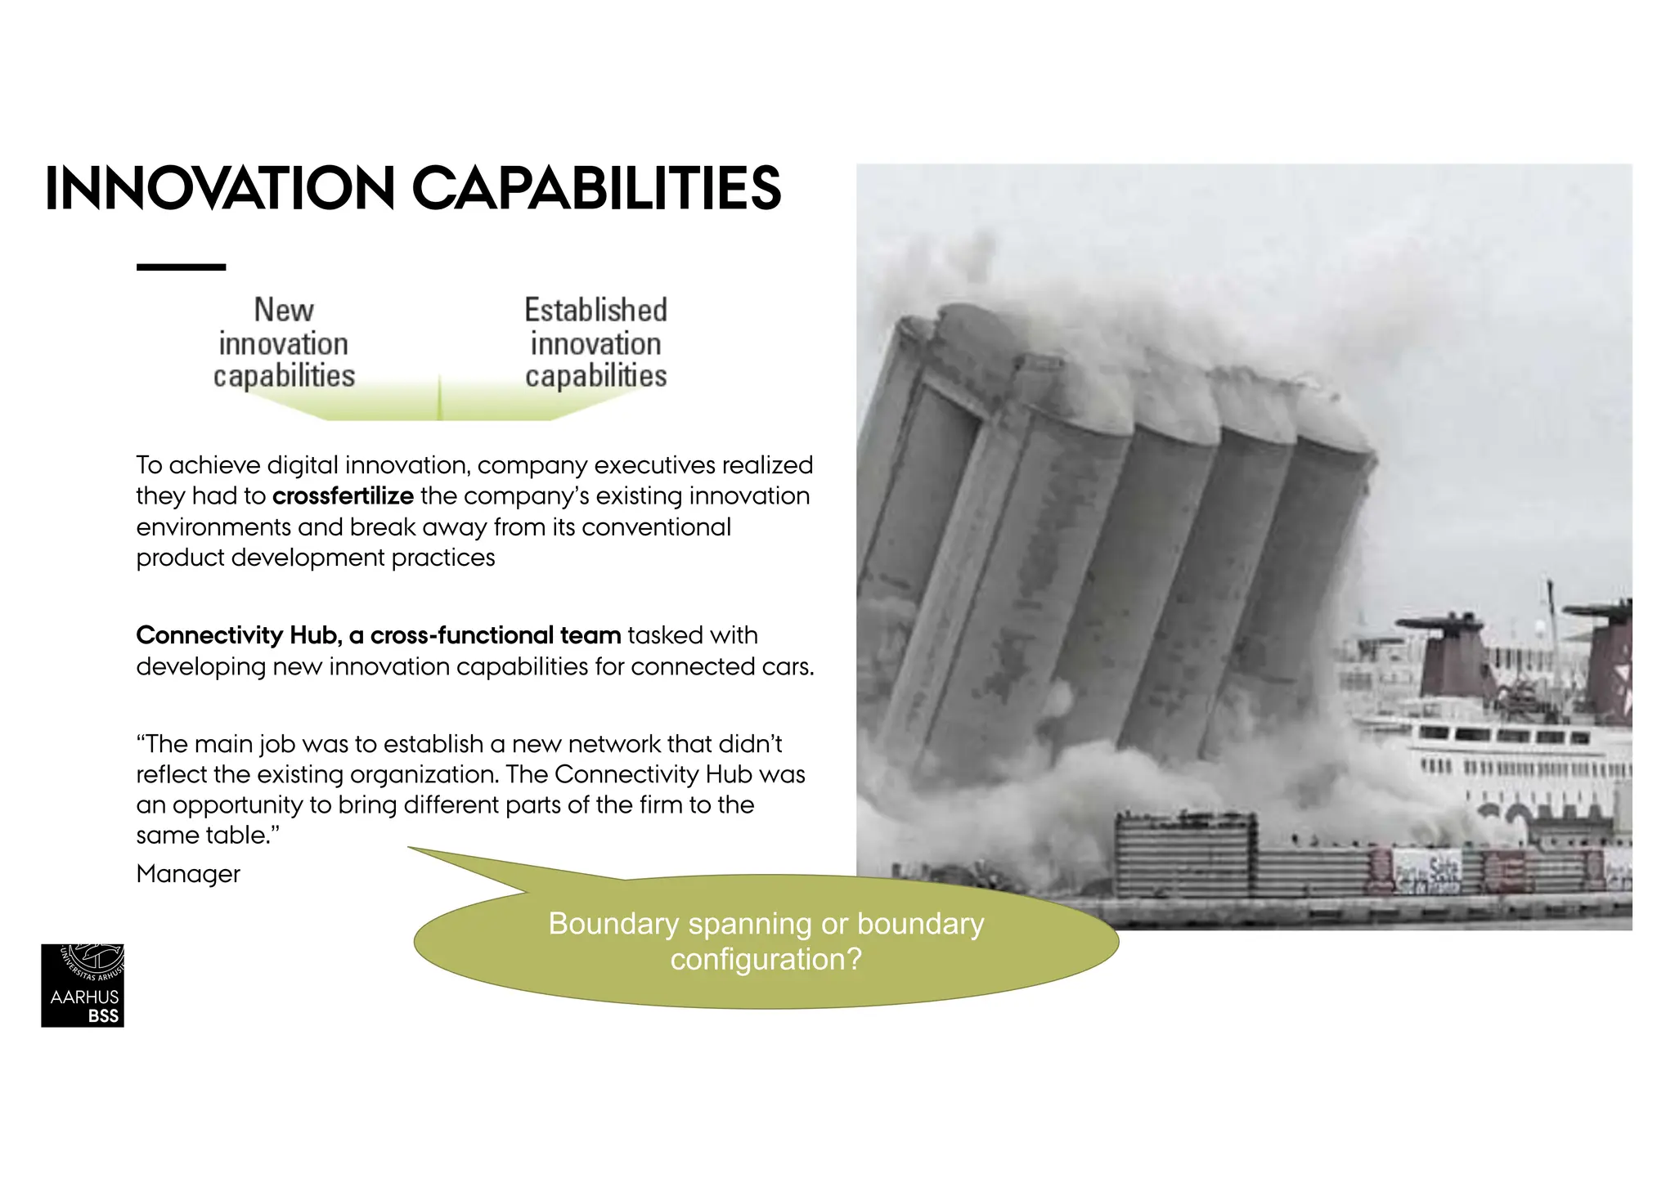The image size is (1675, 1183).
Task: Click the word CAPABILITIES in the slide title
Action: pyautogui.click(x=597, y=189)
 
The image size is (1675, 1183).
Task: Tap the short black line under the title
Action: pyautogui.click(x=181, y=267)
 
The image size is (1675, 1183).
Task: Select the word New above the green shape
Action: pyautogui.click(x=284, y=311)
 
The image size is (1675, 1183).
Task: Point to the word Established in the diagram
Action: pyautogui.click(x=595, y=311)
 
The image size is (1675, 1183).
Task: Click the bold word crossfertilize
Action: pyautogui.click(x=343, y=496)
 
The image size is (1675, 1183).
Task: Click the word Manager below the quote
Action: pyautogui.click(x=188, y=874)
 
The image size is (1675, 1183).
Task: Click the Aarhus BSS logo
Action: pyautogui.click(x=83, y=985)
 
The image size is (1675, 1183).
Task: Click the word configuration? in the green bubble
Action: pyautogui.click(x=766, y=959)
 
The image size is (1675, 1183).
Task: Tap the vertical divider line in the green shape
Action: pyautogui.click(x=440, y=398)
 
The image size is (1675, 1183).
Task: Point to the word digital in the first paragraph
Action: pyautogui.click(x=303, y=465)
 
